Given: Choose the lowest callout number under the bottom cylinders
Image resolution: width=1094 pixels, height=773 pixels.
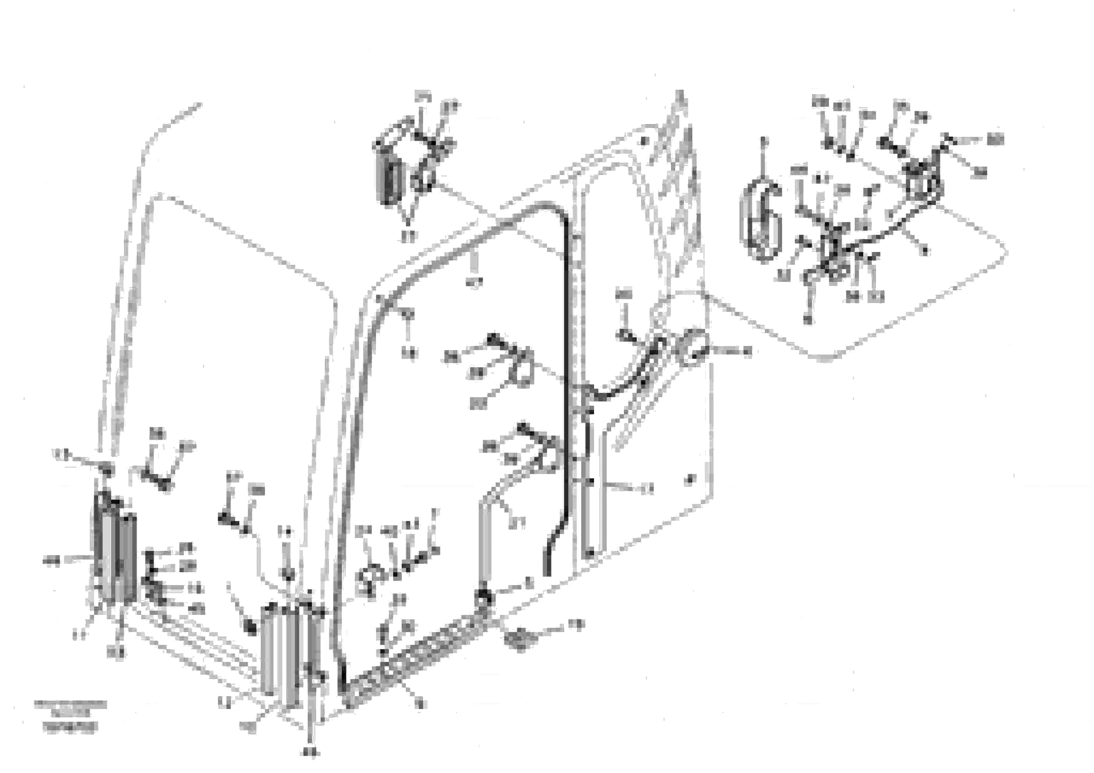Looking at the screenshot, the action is [x=310, y=753].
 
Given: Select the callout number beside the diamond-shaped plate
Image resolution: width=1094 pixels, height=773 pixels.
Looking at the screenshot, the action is [x=576, y=624].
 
